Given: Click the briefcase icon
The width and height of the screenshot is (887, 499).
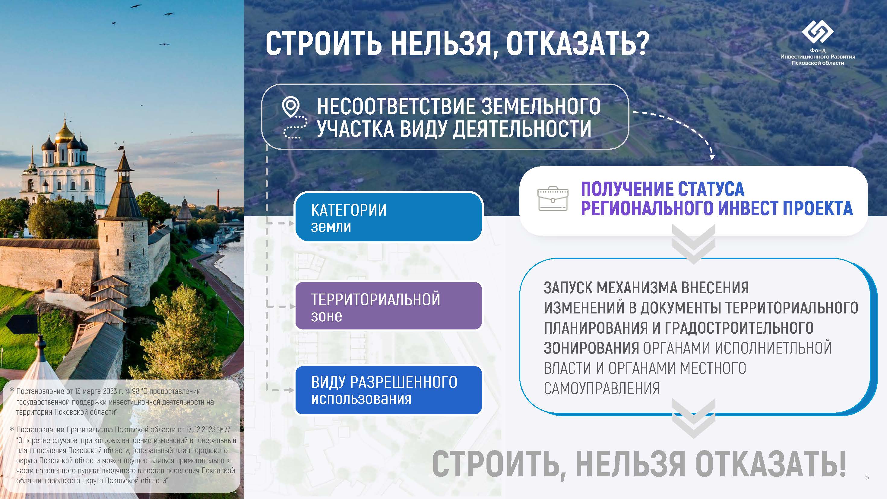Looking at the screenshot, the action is coord(553,199).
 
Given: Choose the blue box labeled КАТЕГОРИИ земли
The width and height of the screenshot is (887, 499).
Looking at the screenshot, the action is coord(388,217).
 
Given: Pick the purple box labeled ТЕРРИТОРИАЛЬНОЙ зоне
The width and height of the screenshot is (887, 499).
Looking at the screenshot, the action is coord(388,306).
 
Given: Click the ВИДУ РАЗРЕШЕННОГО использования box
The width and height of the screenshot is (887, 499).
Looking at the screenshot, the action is coord(388,390).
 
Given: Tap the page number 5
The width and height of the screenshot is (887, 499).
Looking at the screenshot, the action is coord(867,477).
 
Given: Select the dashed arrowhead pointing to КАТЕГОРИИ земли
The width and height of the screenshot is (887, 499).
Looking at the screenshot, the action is coord(291,223).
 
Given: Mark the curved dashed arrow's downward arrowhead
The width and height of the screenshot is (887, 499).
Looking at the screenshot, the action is coord(712,157).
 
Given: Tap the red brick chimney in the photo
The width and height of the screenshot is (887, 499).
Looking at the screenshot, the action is coord(218,199).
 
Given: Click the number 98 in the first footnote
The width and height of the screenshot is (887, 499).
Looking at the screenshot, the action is coord(136,391).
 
